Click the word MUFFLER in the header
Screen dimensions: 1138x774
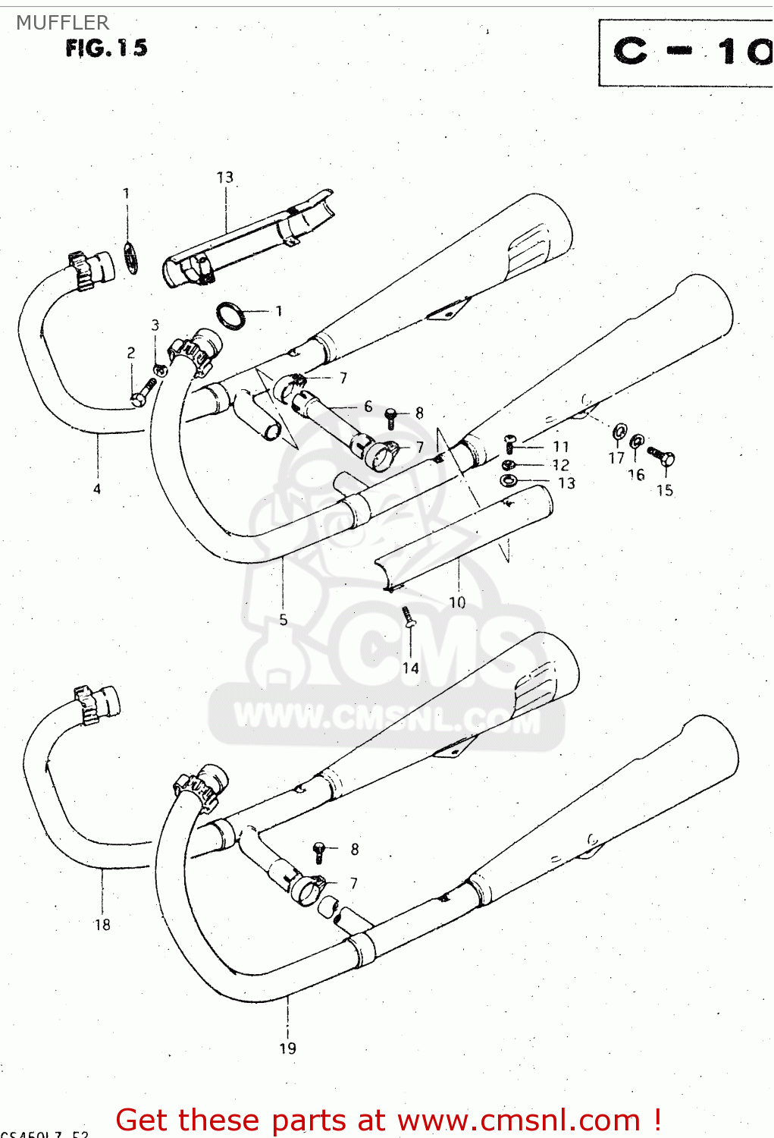tap(63, 23)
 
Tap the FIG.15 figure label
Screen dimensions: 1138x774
tap(106, 49)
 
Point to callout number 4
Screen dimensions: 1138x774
tap(97, 489)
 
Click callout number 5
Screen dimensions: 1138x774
tap(283, 620)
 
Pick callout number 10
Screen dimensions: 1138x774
tap(457, 602)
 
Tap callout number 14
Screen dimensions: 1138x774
tap(410, 668)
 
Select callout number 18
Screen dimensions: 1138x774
tap(102, 925)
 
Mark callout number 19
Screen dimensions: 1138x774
tap(287, 1048)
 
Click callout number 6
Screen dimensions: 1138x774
tap(368, 407)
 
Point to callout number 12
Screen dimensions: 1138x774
tap(560, 465)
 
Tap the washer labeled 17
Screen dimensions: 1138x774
tap(619, 432)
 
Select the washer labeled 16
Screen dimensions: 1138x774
tap(638, 442)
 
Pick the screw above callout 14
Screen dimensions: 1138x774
tap(409, 616)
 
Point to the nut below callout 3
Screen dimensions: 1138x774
tap(160, 370)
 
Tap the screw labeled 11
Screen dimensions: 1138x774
tap(510, 444)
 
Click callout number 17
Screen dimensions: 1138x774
tap(616, 458)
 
